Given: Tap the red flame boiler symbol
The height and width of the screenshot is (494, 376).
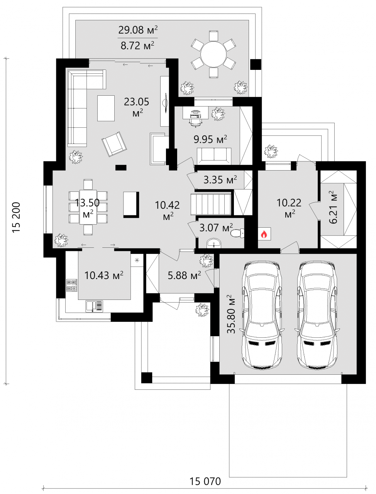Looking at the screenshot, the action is pos(264,234).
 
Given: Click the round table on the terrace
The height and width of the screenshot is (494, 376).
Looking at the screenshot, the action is pos(213,54).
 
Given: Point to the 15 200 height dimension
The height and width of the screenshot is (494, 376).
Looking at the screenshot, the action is pos(16,218).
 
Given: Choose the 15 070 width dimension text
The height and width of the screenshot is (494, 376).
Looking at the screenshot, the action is pos(205,481).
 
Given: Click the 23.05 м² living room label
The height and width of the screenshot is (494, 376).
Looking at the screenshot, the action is pos(137,107).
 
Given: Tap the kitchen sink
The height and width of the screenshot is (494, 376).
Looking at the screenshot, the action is pos(95,306).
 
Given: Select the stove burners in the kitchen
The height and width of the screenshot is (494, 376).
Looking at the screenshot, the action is pos(72,285).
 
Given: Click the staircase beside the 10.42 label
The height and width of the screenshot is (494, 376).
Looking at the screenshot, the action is pos(211,204).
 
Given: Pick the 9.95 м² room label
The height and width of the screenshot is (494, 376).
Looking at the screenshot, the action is pos(210,139).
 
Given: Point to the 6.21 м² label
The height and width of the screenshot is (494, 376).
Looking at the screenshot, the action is pos(333,207).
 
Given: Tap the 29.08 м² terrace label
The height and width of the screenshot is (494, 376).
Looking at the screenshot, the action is pos(138,30).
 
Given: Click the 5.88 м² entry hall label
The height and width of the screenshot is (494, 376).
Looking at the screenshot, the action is pos(185,275).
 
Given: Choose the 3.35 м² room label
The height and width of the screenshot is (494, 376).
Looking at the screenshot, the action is pos(220,179).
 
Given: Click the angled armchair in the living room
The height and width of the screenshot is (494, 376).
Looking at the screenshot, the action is pos(114,144).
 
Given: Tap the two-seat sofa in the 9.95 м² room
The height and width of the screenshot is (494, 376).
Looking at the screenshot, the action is pos(214,156).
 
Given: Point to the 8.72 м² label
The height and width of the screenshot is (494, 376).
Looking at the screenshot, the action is pos(138,45).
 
